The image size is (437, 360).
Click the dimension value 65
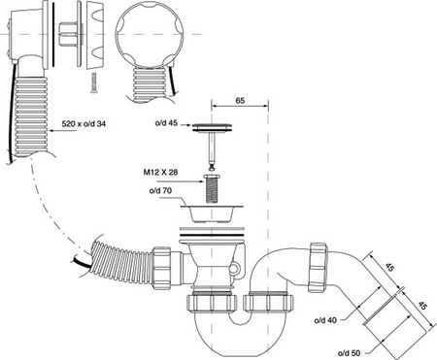[x=240, y=101]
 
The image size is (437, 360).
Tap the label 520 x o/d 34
[x=84, y=123]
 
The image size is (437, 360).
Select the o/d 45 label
[x=166, y=123]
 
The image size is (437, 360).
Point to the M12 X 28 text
[x=160, y=172]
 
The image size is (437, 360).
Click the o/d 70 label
[x=160, y=191]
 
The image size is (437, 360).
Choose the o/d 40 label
[x=325, y=320]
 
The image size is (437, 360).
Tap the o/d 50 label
[x=349, y=353]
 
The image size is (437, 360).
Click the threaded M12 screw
[x=212, y=189]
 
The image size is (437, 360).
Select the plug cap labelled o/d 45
[x=212, y=127]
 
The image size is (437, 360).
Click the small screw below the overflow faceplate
[x=94, y=82]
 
